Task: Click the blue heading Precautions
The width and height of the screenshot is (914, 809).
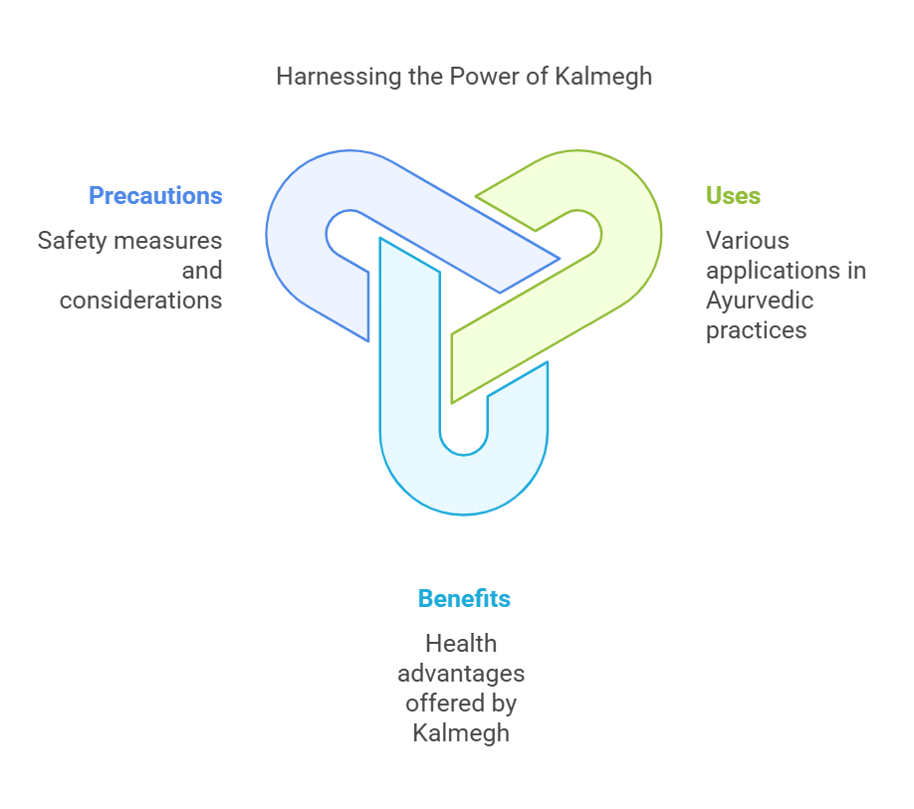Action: [155, 196]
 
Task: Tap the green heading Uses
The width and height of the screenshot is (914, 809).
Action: [733, 196]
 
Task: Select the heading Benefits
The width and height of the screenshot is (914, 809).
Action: [464, 599]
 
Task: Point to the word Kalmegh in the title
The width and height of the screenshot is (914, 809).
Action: [603, 77]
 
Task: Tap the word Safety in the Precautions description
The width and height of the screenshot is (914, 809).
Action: [71, 241]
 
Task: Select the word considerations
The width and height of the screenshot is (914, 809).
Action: [141, 301]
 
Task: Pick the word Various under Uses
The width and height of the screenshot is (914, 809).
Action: [748, 241]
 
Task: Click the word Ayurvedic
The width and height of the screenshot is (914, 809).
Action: [760, 302]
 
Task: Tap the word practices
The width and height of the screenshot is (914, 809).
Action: [756, 330]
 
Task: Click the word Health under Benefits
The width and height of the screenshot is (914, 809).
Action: [461, 644]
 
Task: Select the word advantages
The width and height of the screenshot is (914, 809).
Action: [461, 675]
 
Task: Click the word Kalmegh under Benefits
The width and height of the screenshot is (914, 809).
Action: [461, 733]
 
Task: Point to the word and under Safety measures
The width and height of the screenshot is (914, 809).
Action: [202, 271]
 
